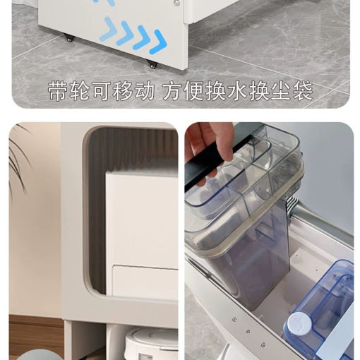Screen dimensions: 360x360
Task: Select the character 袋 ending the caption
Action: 302,91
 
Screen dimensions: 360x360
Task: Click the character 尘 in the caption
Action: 281,91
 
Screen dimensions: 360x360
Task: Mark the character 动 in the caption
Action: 144,91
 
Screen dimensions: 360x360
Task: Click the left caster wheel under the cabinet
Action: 70,39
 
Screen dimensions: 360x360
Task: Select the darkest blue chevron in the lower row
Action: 158,42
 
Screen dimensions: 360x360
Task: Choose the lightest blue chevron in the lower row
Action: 109,29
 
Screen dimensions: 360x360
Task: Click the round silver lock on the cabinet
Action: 176,3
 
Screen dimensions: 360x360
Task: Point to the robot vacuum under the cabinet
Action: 151,344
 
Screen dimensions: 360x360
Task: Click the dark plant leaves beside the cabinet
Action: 18,162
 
